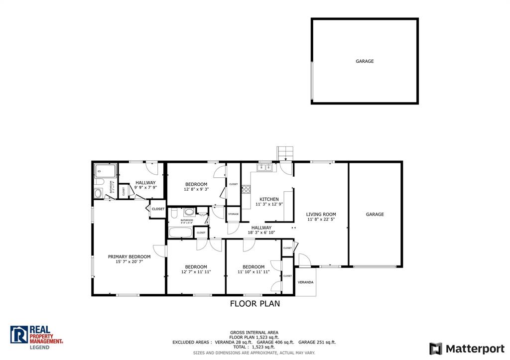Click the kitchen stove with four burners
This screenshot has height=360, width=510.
tap(246, 189)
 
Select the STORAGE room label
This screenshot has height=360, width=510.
tap(234, 214)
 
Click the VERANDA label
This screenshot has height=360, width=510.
tap(305, 282)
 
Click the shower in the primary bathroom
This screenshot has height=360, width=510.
tap(105, 171)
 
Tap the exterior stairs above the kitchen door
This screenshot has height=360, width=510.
tap(285, 152)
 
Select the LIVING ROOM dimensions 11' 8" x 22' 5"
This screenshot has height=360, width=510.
tap(321, 220)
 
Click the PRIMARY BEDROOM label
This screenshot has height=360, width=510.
tap(129, 257)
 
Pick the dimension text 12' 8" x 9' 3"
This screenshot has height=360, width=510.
tap(196, 190)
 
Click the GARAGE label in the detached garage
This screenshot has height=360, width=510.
tap(365, 61)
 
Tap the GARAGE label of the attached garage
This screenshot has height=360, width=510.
tap(375, 215)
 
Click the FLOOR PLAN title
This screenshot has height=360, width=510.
tap(255, 304)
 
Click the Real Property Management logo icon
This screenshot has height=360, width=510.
tap(19, 335)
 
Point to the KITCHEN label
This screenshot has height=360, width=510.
tap(269, 199)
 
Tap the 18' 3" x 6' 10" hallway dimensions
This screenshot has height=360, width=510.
tap(261, 233)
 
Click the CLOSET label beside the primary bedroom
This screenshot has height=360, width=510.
tap(158, 209)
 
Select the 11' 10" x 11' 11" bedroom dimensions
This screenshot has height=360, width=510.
tap(254, 272)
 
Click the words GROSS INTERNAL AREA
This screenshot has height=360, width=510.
tap(254, 332)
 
